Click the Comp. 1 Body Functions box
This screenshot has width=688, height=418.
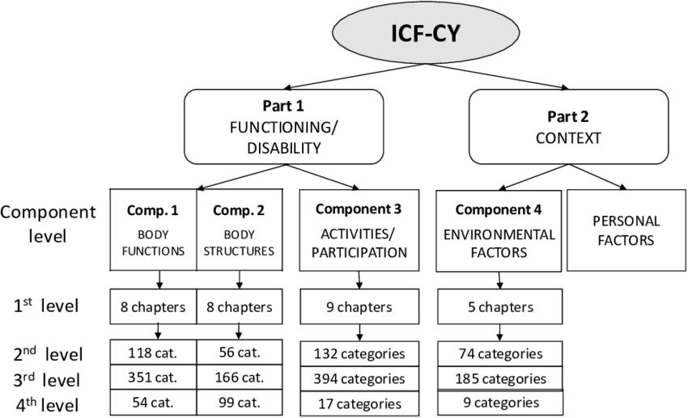tap(153, 230)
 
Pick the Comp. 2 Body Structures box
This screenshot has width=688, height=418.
tap(239, 230)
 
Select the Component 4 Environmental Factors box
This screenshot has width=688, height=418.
tap(499, 230)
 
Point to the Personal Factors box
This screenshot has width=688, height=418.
tap(626, 230)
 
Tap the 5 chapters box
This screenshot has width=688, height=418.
tap(499, 307)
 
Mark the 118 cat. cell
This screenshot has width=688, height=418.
tap(153, 353)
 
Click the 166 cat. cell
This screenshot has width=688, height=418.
tap(239, 377)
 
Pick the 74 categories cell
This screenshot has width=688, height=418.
tap(499, 353)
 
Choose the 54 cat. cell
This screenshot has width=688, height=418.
tap(153, 402)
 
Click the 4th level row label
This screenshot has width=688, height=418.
tap(47, 402)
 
